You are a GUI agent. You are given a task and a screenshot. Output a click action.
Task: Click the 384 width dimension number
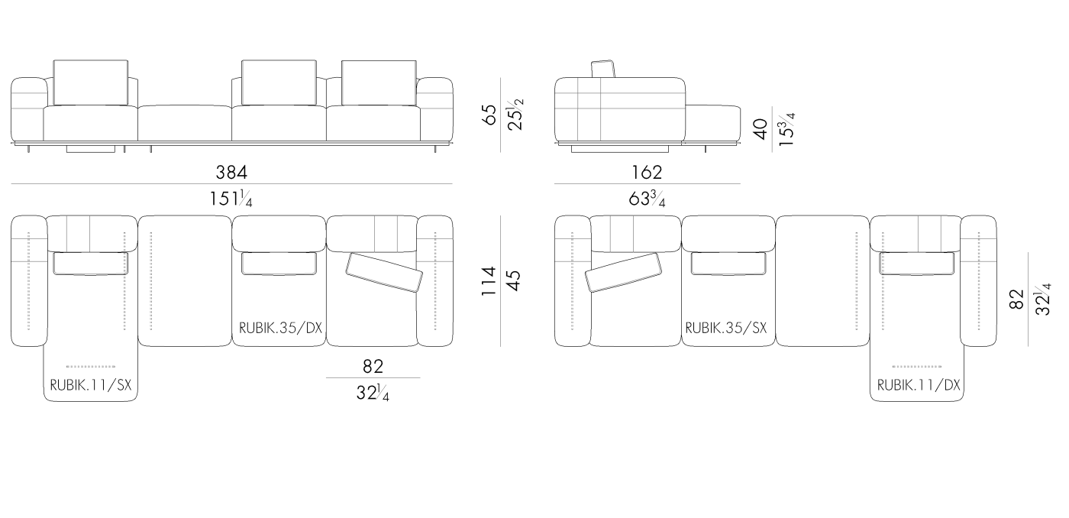[x=232, y=173]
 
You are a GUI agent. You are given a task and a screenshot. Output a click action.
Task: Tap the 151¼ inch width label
[x=231, y=199]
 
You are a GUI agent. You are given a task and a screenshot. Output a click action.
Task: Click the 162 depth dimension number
[x=646, y=173]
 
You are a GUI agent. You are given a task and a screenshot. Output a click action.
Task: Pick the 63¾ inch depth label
[x=646, y=199]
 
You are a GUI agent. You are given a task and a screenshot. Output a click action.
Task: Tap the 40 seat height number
[x=759, y=129]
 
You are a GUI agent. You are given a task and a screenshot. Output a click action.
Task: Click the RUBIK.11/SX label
[x=91, y=386]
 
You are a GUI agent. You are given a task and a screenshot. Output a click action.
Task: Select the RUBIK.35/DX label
[x=280, y=328]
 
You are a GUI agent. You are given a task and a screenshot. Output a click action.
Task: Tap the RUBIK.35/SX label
[x=725, y=328]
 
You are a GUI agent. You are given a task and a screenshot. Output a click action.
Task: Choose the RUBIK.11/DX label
[x=919, y=386]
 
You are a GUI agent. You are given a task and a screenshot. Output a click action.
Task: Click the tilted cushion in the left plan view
[x=383, y=273]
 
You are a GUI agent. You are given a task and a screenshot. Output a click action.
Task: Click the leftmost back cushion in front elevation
[x=90, y=82]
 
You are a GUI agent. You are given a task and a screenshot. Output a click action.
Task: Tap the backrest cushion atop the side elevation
[x=604, y=69]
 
